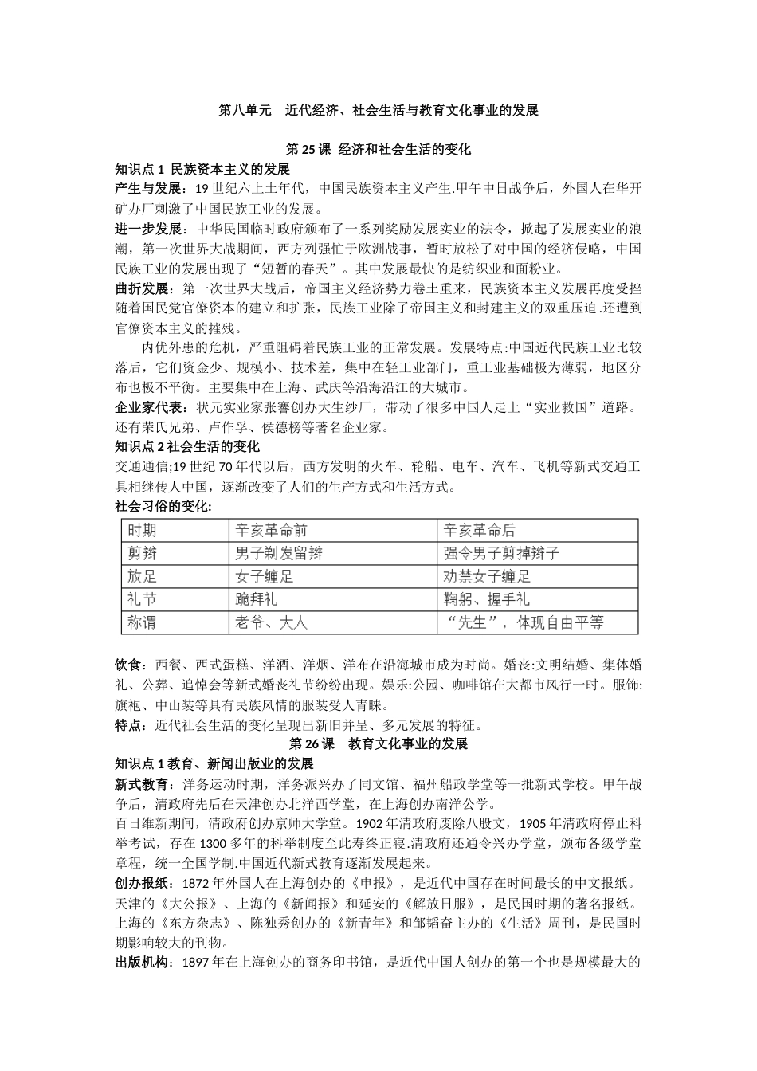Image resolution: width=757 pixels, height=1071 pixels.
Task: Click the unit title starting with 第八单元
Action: click(378, 111)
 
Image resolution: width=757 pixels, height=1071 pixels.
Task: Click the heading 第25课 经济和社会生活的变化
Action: click(378, 150)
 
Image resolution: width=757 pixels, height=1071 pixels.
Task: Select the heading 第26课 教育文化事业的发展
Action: click(378, 744)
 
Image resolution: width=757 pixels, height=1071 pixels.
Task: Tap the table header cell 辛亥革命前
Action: click(271, 531)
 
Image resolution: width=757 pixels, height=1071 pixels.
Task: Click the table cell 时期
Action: click(142, 531)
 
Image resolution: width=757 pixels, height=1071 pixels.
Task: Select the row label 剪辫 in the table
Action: click(142, 553)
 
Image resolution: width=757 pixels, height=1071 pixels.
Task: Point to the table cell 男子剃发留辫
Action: click(279, 553)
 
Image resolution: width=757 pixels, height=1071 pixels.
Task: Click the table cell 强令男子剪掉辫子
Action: click(502, 553)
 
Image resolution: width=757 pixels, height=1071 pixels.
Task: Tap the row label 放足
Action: click(142, 576)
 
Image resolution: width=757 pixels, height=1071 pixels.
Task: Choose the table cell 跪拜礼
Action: click(257, 599)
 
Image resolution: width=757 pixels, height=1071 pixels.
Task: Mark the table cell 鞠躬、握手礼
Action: click(486, 599)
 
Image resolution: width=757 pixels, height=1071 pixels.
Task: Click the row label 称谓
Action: click(142, 622)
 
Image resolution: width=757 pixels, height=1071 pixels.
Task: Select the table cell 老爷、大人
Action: click(271, 622)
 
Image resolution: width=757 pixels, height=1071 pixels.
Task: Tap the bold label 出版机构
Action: click(143, 963)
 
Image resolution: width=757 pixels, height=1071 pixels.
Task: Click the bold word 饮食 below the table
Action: click(129, 665)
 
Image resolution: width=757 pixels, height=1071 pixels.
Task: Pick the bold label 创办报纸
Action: click(143, 883)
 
